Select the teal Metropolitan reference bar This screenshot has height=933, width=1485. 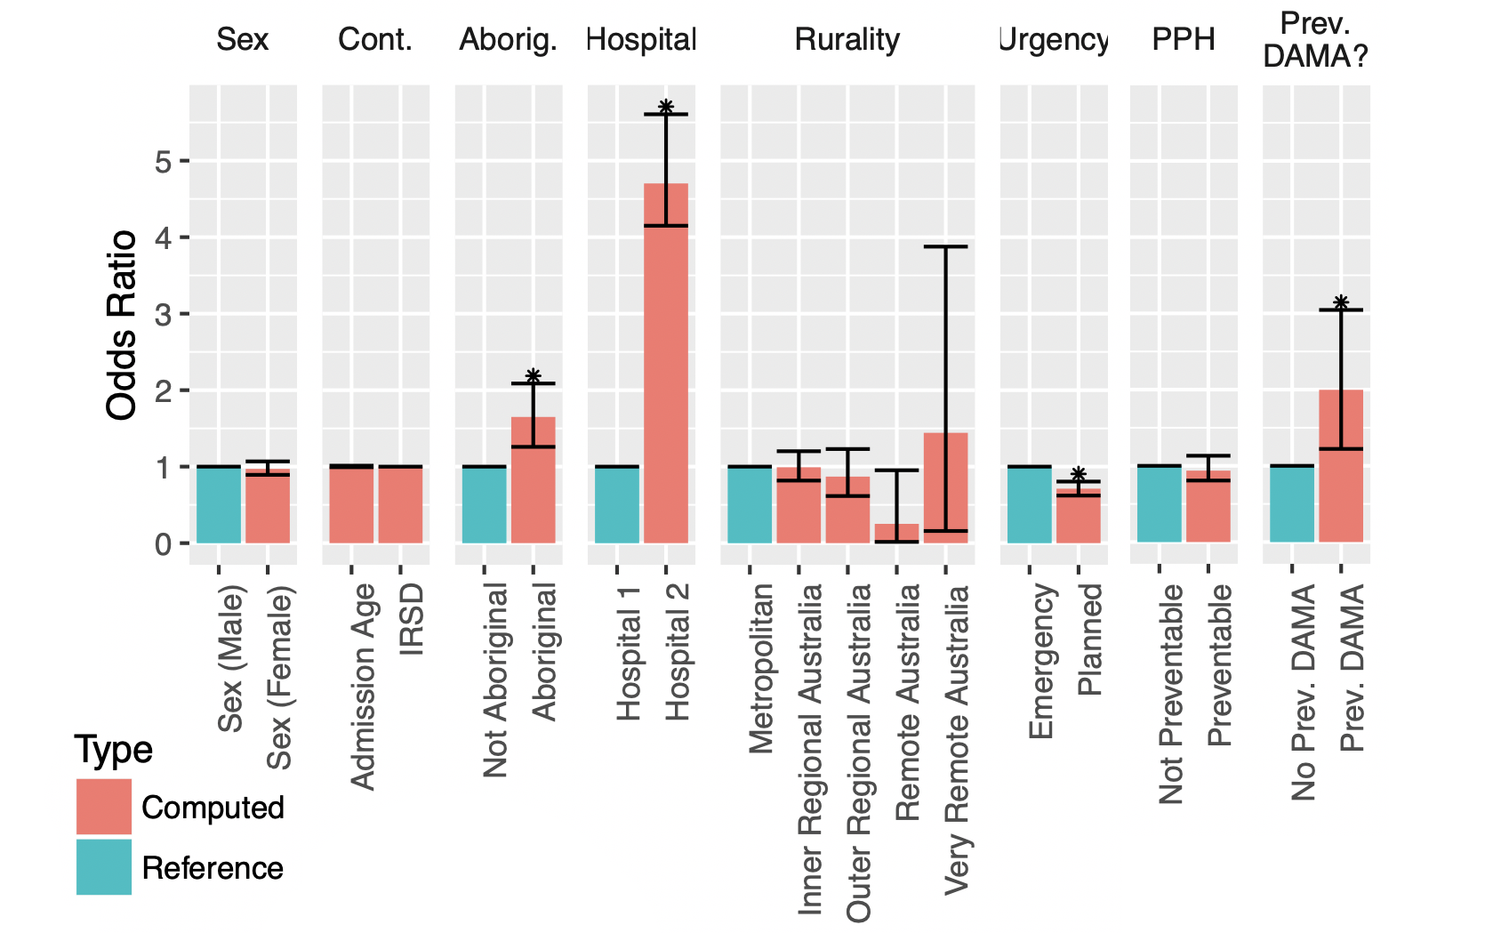[750, 504]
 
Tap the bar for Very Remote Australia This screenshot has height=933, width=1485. [945, 487]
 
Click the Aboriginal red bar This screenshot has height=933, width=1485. [533, 479]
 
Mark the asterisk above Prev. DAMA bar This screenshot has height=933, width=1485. [1340, 303]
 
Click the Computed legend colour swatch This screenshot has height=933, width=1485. [104, 807]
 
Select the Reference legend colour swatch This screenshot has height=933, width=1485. [104, 867]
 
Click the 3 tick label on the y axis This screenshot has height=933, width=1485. [163, 314]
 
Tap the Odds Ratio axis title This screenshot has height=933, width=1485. [122, 325]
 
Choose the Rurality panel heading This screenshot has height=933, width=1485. [847, 39]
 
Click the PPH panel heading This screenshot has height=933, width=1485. [1183, 39]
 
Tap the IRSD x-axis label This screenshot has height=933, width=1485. [412, 620]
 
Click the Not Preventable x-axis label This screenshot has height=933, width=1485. [1171, 694]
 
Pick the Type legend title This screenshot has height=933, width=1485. [113, 750]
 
